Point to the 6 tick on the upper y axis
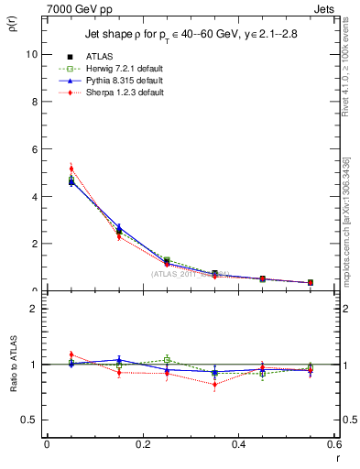point(34,149)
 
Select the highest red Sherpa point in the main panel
point(71,169)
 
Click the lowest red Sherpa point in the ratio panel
point(214,385)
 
